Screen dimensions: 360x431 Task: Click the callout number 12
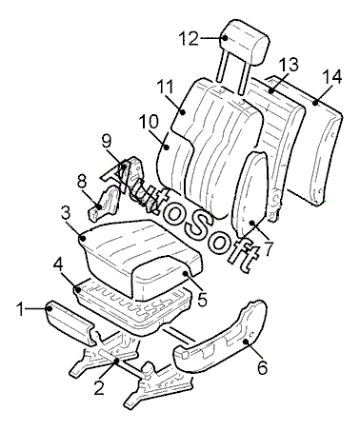coord(190,38)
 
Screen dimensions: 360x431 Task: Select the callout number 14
coord(332,77)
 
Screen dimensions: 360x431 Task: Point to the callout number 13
coord(290,65)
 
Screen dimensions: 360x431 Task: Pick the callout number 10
coord(150,122)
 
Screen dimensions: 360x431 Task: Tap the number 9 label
coord(107,142)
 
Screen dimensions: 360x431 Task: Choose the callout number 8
coord(82,182)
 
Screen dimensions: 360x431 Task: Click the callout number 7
coord(269,249)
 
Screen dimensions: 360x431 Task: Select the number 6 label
coord(262,367)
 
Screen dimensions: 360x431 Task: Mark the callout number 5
coord(202,299)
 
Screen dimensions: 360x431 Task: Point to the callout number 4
coord(58,264)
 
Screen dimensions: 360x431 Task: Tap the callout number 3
coord(66,213)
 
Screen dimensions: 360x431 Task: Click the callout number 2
coord(99,387)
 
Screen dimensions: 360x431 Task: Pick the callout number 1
coord(20,309)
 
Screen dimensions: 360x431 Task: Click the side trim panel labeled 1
coord(70,324)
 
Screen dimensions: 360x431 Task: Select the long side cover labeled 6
coord(221,338)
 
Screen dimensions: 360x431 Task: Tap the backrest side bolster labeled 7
coord(250,194)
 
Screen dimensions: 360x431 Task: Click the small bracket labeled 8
coord(103,202)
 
